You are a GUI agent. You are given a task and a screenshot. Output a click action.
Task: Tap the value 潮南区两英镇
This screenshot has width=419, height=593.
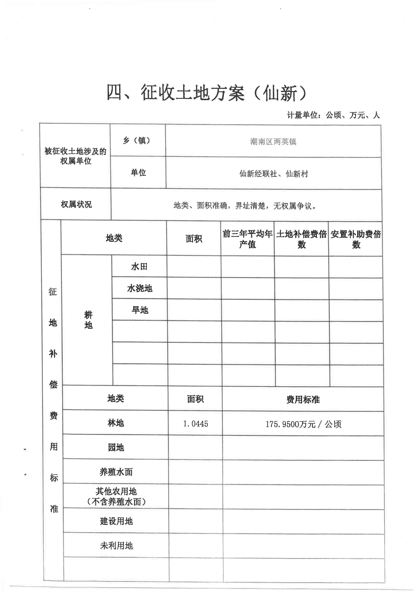[273, 142]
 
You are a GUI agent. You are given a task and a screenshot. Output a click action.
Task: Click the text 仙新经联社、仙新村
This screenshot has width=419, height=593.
[274, 174]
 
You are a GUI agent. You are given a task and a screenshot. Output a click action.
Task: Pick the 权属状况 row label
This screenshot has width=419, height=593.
[76, 204]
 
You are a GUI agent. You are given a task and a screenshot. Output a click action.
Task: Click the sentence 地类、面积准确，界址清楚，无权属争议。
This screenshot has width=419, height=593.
[245, 206]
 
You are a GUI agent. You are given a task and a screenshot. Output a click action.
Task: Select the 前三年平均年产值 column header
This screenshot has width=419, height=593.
[247, 239]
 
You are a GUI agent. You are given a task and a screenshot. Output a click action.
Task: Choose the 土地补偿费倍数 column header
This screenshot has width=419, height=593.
[301, 239]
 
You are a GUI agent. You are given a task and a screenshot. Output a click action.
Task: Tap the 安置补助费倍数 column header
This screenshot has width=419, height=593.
[355, 239]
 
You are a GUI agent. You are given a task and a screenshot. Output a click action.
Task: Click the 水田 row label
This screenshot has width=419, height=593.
[139, 267]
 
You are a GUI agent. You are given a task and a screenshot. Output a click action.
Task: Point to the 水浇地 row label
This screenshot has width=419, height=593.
[140, 288]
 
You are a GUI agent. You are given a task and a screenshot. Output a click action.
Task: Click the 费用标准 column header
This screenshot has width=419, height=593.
[303, 399]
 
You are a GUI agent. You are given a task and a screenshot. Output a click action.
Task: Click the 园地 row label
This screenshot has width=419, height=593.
[116, 447]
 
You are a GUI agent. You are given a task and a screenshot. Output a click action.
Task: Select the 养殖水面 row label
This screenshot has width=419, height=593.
[116, 472]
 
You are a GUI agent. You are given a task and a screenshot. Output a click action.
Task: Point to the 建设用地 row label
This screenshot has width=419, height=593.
[116, 521]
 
